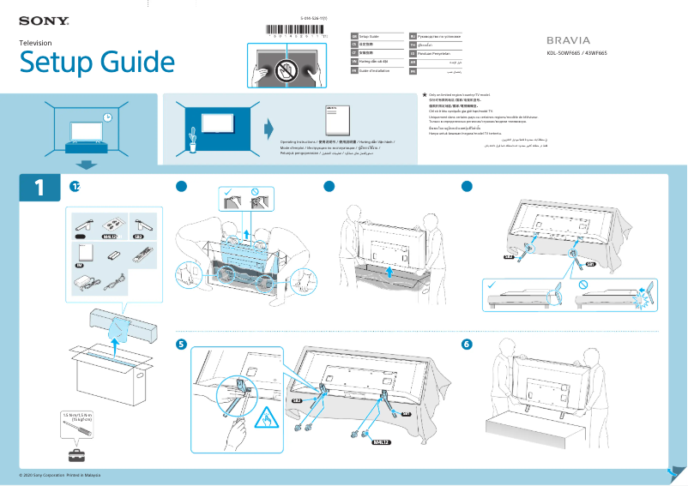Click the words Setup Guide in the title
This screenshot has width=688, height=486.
tap(97, 63)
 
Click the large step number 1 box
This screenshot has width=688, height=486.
tap(39, 188)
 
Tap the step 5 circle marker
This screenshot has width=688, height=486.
tap(181, 345)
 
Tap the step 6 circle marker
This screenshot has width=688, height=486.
tap(467, 345)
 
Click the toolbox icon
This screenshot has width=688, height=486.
tap(77, 453)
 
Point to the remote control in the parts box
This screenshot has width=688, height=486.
tap(139, 255)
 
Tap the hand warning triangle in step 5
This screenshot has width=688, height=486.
tap(265, 420)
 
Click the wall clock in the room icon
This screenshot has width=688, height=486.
tap(107, 117)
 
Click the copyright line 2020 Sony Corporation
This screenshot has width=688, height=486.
tap(60, 475)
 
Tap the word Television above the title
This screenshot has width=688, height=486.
tap(36, 42)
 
